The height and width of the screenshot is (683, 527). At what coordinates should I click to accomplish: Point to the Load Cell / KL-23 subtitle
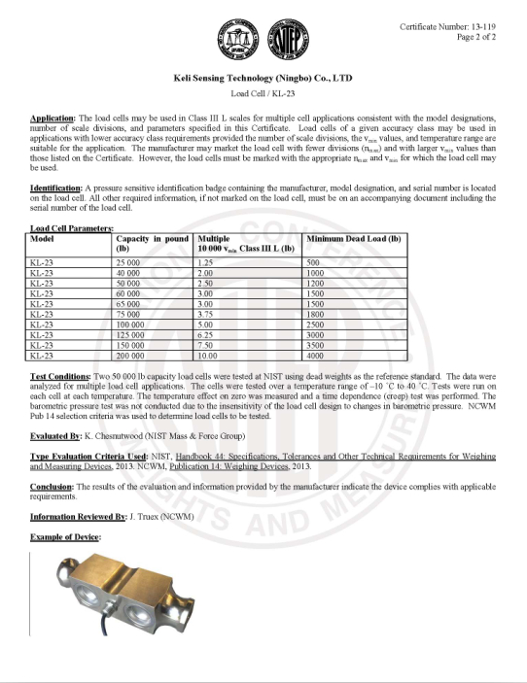(263, 93)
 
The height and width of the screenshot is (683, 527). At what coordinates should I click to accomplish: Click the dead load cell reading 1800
(317, 313)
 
